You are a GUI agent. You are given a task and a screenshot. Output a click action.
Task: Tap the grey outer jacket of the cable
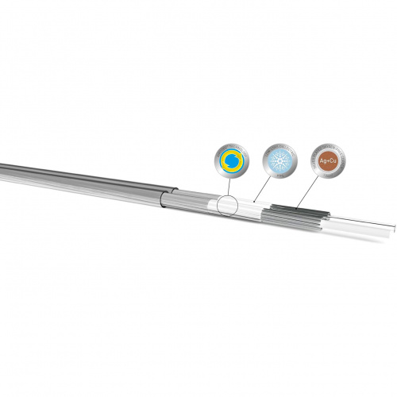tap(79, 174)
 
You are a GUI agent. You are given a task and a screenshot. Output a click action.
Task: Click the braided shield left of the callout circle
tap(191, 198)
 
